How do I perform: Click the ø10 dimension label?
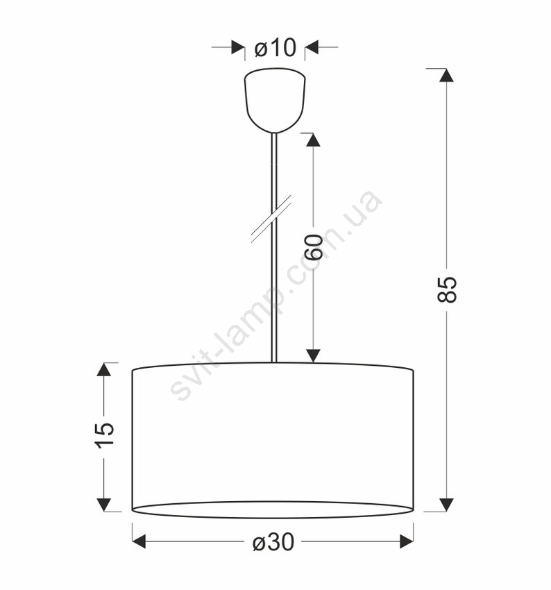point(275,47)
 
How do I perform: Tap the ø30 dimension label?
point(273,542)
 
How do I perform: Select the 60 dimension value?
point(314,247)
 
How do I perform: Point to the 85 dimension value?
point(447,289)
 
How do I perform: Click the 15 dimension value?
point(104,435)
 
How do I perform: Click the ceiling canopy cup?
point(275,100)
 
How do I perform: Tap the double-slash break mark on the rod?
point(271,219)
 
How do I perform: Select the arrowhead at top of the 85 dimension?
point(446,75)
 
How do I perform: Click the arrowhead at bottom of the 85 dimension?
point(446,505)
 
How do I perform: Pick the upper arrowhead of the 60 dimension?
point(313,140)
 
